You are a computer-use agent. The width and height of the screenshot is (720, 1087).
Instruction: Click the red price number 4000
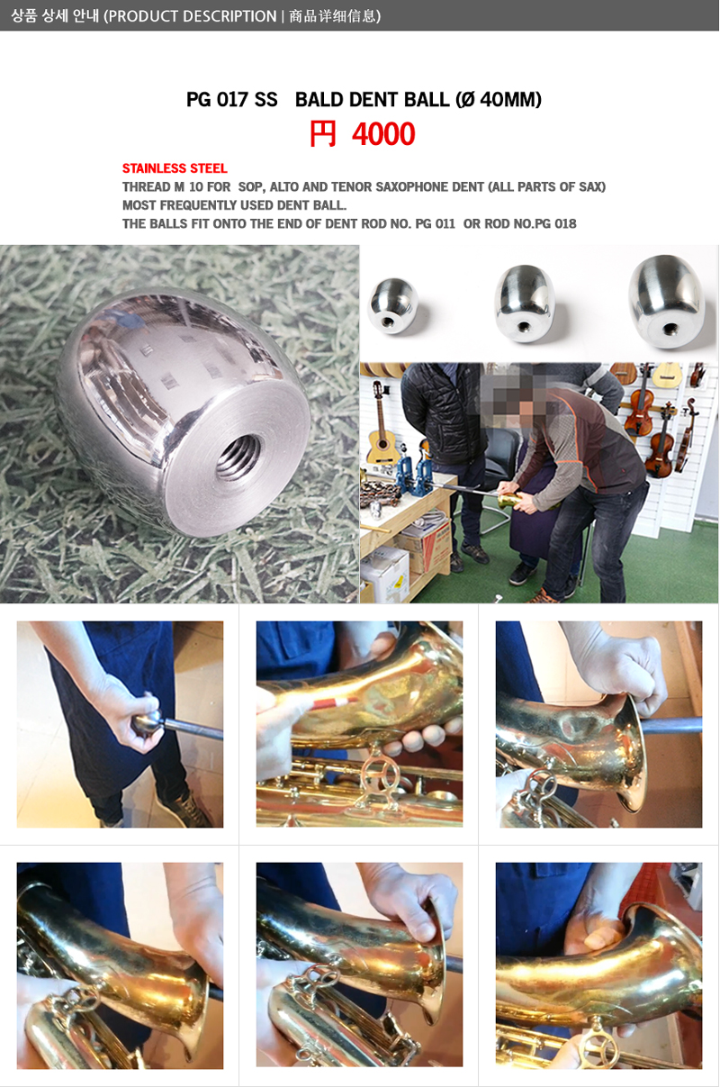383,134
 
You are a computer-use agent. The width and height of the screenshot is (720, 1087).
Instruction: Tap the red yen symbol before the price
322,134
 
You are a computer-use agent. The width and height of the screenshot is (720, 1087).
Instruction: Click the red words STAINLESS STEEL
175,168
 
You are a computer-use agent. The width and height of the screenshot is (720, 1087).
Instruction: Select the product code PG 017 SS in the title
232,99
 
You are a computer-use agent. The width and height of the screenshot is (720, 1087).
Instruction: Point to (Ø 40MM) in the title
499,99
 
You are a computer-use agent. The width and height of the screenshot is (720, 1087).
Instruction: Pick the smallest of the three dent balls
392,305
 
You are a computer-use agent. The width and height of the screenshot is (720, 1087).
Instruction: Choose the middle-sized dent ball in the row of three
525,303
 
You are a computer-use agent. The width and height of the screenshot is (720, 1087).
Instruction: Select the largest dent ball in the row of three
668,301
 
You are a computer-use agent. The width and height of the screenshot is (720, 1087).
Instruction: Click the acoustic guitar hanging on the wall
380,426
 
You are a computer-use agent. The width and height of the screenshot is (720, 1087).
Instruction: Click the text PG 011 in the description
436,223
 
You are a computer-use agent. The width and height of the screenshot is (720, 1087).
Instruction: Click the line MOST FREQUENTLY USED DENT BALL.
234,205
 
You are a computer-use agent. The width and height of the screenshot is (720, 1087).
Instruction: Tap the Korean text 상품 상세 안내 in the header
54,16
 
